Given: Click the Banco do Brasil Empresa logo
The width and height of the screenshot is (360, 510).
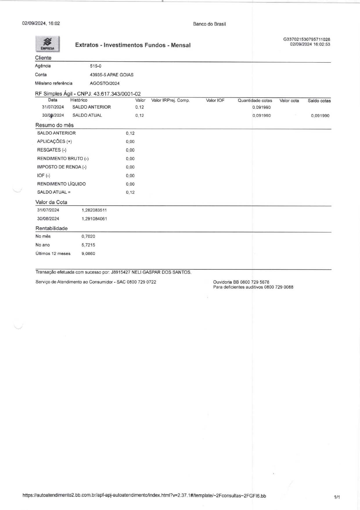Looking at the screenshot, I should (48, 44).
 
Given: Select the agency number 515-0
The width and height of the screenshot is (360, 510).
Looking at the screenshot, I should (96, 66).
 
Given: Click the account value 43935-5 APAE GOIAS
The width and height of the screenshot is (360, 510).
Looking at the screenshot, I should (111, 75).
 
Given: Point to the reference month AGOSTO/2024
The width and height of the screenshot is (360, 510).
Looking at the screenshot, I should (105, 83).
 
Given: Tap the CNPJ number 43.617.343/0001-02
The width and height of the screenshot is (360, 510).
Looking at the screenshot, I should (117, 94).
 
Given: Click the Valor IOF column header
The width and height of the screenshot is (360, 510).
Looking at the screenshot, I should (215, 101).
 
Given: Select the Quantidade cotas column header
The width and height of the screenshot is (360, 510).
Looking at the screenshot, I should (255, 101).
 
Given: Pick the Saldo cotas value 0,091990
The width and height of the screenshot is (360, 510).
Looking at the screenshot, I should (320, 116).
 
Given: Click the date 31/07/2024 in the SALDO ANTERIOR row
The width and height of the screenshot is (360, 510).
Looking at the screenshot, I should (53, 107).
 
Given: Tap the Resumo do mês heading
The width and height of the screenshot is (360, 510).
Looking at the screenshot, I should (55, 125).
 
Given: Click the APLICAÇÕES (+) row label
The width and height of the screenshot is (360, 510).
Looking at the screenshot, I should (54, 142).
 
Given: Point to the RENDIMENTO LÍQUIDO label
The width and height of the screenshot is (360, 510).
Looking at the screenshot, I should (61, 184).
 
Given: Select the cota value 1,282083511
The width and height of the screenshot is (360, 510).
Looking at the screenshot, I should (94, 210).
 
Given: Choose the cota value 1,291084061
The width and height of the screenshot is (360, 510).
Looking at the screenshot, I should (94, 219).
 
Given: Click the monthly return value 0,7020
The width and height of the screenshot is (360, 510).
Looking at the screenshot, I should (88, 237).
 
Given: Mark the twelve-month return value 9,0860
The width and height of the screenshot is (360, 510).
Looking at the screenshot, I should (88, 254).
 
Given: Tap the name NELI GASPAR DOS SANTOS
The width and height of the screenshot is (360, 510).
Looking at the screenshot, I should (161, 272).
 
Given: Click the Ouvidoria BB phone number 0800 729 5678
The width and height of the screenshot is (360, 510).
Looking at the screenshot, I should (255, 282).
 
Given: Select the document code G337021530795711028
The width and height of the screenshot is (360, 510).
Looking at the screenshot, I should (307, 40).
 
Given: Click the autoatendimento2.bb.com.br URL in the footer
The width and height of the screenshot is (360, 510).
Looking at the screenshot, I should (144, 496).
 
